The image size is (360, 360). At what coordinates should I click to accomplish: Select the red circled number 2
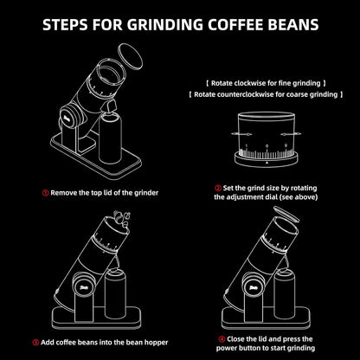coord(217,186)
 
